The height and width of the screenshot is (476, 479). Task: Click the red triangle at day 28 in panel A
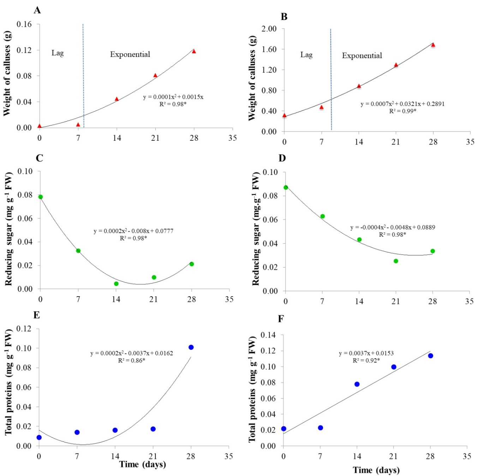pos(194,51)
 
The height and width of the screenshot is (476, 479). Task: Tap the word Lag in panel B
pos(306,55)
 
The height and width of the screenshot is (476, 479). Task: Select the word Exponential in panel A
pos(130,54)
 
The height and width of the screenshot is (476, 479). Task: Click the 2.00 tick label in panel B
pos(269,29)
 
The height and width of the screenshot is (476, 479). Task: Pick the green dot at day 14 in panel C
pos(116,283)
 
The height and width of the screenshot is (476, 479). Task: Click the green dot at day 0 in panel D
pos(286,188)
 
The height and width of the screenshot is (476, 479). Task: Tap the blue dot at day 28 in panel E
pos(191,347)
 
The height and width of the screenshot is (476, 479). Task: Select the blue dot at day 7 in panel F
pos(320,428)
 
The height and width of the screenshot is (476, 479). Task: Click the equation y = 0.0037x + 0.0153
pos(366,353)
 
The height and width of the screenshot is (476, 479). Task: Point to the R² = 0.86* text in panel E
pos(131,360)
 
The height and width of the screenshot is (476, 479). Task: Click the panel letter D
pos(282,158)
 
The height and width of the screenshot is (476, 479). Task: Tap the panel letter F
pos(281,319)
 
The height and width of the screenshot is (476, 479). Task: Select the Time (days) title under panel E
pos(142,464)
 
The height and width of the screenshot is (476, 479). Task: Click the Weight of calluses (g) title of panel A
pos(7,73)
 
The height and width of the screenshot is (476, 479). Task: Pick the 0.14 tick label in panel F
pos(268,335)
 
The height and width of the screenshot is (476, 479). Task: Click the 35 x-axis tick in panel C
pos(229,299)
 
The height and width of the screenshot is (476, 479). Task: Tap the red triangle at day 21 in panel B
pos(396,65)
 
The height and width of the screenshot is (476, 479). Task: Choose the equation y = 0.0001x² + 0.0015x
pos(173,97)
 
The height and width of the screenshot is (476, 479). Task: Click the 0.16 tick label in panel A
pos(24,24)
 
